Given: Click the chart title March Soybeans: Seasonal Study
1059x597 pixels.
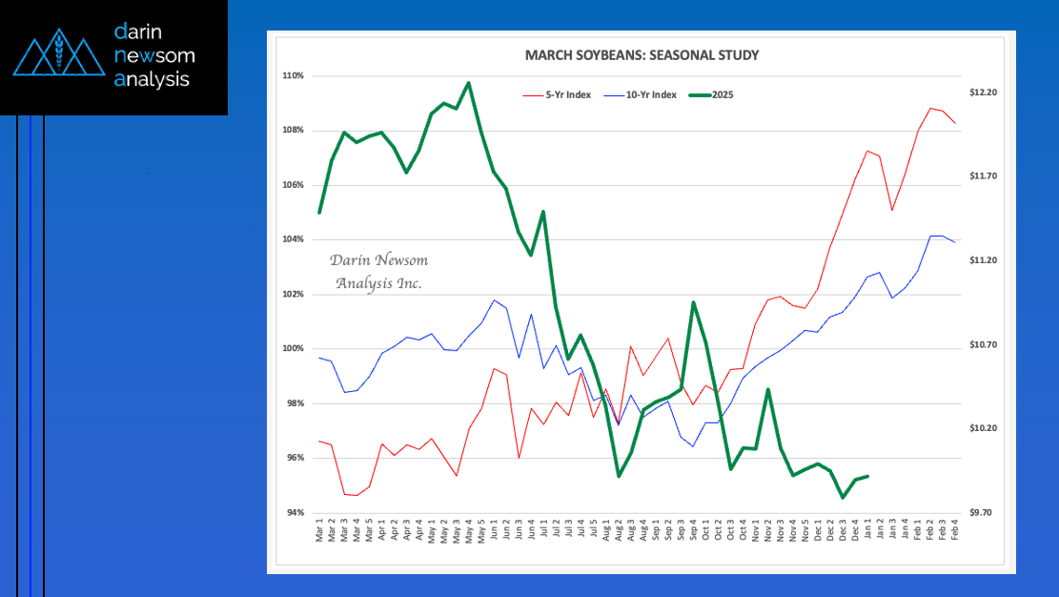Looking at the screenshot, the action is pyautogui.click(x=642, y=55).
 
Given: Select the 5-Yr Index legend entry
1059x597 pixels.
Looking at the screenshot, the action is pyautogui.click(x=558, y=95).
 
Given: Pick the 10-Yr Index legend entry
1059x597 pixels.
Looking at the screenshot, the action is pyautogui.click(x=641, y=95).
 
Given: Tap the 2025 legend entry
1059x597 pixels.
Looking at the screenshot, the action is pyautogui.click(x=711, y=95).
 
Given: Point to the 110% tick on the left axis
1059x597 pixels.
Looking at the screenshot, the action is pyautogui.click(x=294, y=75).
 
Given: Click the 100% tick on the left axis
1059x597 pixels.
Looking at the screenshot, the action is pyautogui.click(x=294, y=349).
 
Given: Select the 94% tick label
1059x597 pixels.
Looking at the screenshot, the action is pyautogui.click(x=295, y=512).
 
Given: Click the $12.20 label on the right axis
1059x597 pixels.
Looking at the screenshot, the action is pyautogui.click(x=984, y=93).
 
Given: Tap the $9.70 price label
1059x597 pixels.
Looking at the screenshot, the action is pyautogui.click(x=982, y=512).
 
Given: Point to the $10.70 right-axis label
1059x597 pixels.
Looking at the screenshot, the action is pyautogui.click(x=984, y=345).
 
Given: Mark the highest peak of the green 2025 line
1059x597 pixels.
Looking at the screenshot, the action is pyautogui.click(x=469, y=83).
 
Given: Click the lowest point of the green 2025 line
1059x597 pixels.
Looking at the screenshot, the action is pyautogui.click(x=843, y=498).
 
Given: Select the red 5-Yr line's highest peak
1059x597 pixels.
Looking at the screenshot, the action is pyautogui.click(x=930, y=108).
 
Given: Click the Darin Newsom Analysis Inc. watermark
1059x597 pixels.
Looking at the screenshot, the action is pyautogui.click(x=378, y=271).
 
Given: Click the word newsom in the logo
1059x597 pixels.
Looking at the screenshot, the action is pyautogui.click(x=154, y=55).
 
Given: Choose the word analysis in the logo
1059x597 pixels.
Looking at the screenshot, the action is pyautogui.click(x=152, y=79).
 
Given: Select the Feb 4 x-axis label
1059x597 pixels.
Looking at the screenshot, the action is pyautogui.click(x=955, y=529).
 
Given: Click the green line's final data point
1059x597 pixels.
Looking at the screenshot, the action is pyautogui.click(x=867, y=476).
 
